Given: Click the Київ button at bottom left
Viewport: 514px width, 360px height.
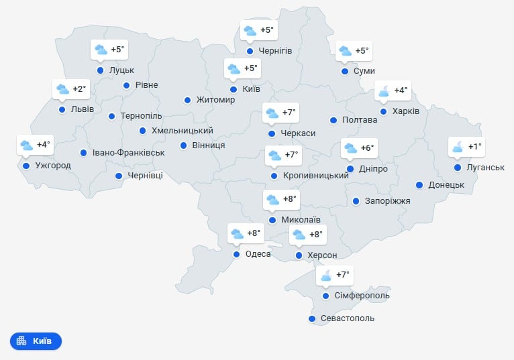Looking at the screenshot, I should click(x=36, y=341).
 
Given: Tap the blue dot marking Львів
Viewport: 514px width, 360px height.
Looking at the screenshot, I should click(x=62, y=109).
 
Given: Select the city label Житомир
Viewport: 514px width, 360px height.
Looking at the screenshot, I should click(x=216, y=100).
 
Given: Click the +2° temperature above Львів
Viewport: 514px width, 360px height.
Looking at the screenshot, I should click(x=79, y=88).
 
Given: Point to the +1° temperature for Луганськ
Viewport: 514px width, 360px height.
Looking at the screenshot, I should click(x=475, y=147).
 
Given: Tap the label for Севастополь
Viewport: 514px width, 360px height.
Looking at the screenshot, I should click(x=347, y=318).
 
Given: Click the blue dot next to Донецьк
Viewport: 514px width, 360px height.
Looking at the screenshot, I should click(x=419, y=185).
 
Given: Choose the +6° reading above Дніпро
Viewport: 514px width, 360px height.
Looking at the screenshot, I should click(x=367, y=148).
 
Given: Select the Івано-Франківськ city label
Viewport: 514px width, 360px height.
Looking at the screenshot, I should click(x=129, y=153).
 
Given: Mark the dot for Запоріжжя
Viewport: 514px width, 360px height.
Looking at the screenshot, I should click(x=356, y=200).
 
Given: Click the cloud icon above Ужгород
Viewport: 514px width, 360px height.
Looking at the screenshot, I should click(x=26, y=145).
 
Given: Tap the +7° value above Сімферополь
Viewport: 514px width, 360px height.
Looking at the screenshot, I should click(x=343, y=275).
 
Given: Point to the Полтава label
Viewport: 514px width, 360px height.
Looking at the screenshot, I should click(x=359, y=120).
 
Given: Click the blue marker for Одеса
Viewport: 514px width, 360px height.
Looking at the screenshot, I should click(x=236, y=254).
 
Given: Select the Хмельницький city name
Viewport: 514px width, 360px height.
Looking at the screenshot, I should click(x=183, y=131).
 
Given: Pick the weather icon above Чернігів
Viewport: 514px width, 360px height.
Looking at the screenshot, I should click(x=250, y=30).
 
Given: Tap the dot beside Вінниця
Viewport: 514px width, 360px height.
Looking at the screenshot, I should click(x=183, y=145).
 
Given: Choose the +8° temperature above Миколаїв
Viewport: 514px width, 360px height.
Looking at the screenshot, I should click(x=290, y=199).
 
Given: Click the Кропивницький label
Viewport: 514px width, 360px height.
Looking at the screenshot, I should click(x=315, y=176).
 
